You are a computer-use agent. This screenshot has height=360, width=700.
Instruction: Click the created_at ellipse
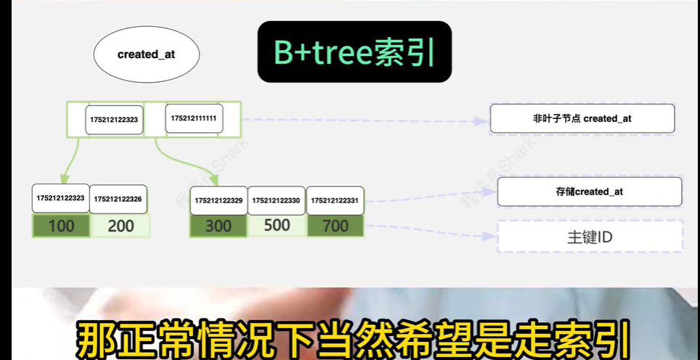point(146,54)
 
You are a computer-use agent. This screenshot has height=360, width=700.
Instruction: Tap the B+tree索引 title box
point(354,51)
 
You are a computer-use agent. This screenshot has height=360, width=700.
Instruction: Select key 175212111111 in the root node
point(194,118)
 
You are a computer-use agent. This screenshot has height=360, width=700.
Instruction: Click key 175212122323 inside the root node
point(114,120)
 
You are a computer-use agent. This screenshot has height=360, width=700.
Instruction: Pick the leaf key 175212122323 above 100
point(60,198)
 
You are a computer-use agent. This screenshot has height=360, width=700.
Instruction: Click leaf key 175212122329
point(219,200)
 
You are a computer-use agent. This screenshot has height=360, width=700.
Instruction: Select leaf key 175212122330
point(276,200)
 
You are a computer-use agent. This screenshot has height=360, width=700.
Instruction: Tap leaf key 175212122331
point(335,200)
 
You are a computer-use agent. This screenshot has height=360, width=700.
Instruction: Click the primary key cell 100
point(61,226)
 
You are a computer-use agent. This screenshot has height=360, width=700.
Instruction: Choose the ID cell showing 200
point(121,226)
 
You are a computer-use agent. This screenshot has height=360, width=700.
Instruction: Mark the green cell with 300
point(219,226)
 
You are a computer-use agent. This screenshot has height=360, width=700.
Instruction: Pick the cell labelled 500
point(277,226)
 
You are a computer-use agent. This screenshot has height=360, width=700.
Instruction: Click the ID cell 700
point(335,226)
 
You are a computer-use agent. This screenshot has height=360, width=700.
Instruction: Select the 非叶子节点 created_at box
point(582,118)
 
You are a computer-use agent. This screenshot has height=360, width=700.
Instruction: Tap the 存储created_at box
point(589,192)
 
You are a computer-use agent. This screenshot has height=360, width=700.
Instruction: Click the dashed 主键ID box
point(589,237)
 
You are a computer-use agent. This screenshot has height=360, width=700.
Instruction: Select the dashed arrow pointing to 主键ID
point(428,232)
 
